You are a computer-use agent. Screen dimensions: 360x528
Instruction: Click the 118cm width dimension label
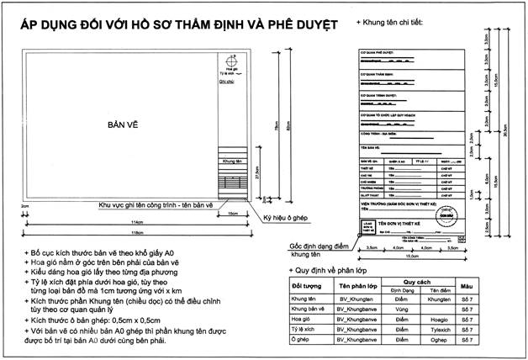pos(129,231)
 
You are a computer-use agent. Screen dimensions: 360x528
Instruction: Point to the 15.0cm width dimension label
pos(409,257)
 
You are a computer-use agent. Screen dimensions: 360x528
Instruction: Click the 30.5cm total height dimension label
pos(504,135)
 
